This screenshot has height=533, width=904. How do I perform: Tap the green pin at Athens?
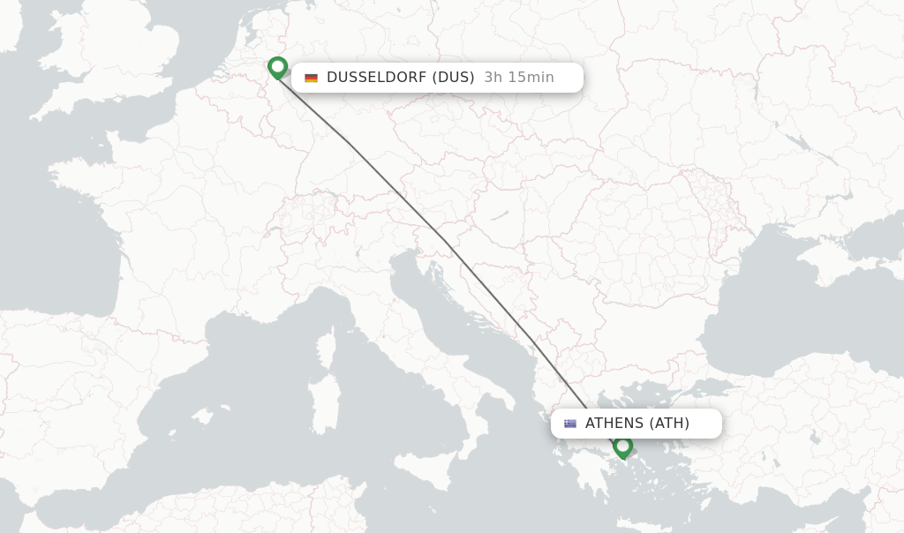622,447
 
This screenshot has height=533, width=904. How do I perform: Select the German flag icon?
311,78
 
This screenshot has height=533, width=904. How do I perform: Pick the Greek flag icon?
570,424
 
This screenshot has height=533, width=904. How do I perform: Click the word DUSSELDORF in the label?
376,78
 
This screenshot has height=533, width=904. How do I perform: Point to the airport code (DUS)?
453,78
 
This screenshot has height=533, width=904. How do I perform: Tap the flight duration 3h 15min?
519,78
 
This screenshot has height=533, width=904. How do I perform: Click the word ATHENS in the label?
614,424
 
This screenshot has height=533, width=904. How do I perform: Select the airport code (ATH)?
670,424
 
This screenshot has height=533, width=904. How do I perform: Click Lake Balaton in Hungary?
501,214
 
